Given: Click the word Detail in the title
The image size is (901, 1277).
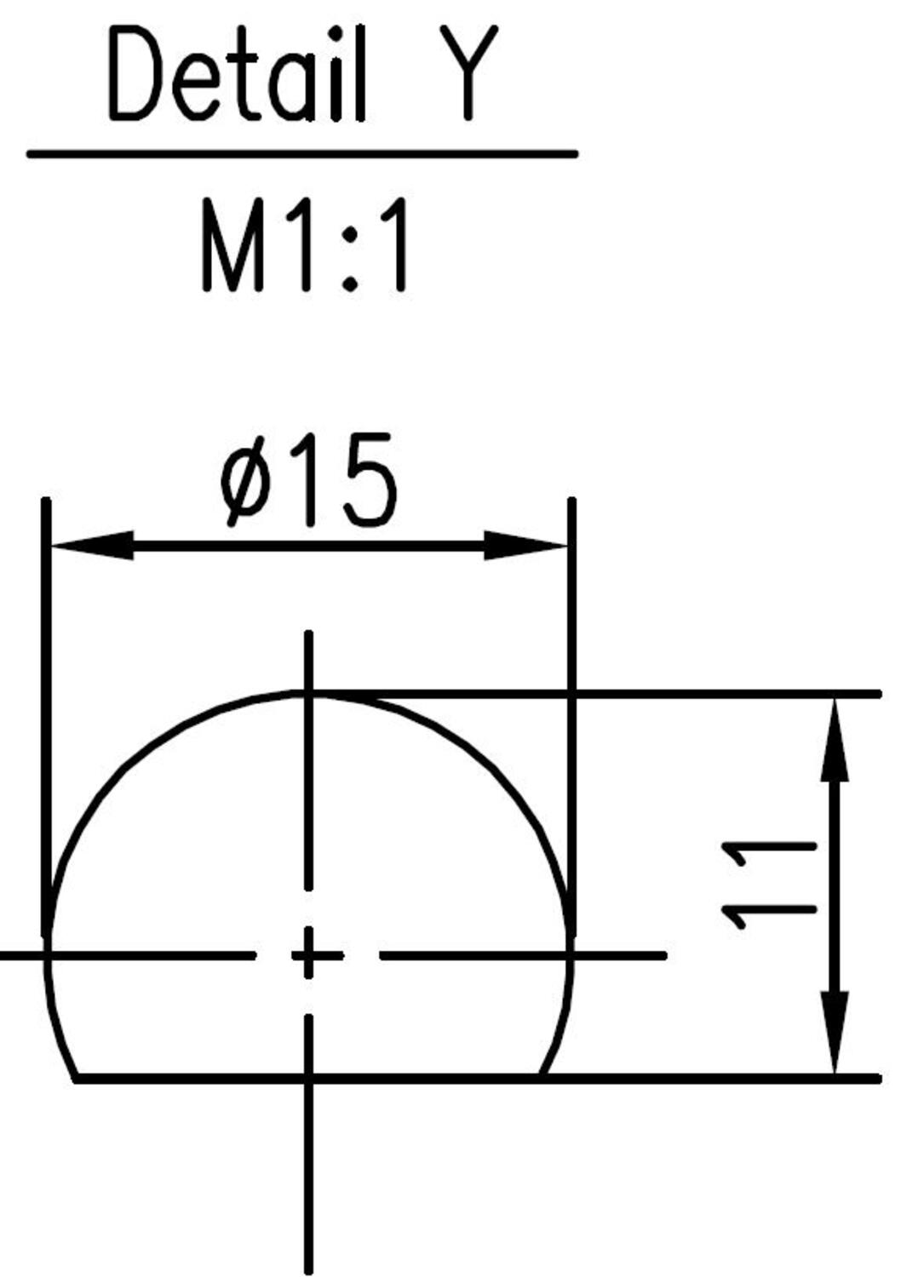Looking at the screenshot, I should tap(238, 75).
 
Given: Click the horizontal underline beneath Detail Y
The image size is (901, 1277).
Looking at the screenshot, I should tap(302, 154).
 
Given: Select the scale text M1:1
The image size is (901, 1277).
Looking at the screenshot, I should tap(305, 246).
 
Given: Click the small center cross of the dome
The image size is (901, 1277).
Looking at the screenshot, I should tap(308, 955).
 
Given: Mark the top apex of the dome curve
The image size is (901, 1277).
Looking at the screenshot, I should tap(308, 695).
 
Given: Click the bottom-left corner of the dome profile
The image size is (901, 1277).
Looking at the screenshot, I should tap(77, 1079).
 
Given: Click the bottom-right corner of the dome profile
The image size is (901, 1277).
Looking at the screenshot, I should tap(541, 1079).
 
